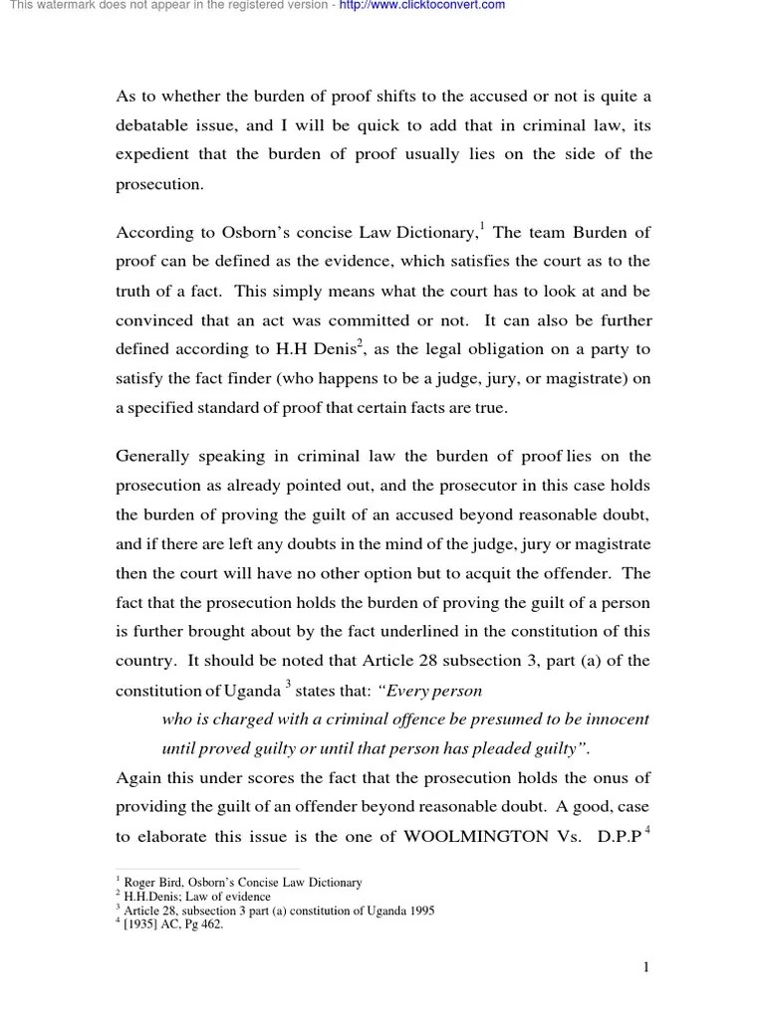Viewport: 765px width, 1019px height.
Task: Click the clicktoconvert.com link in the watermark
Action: point(421,6)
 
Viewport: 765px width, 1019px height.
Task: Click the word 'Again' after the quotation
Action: point(137,778)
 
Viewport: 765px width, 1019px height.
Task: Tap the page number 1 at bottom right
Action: point(645,967)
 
